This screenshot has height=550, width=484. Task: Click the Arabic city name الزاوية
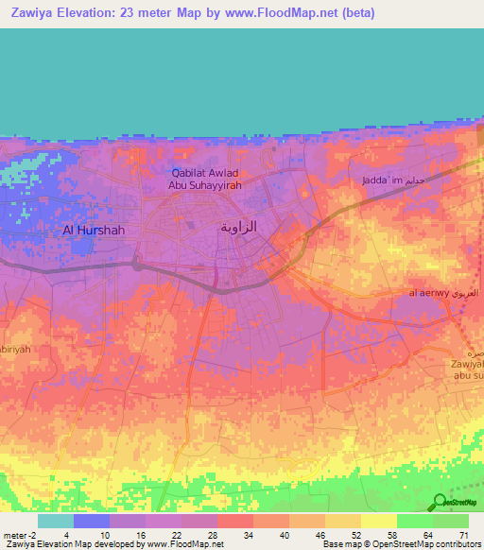(x=238, y=228)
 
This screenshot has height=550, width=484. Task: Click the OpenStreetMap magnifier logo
(x=440, y=503)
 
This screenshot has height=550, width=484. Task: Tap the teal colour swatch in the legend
(x=56, y=521)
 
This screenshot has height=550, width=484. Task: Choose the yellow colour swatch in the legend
(x=377, y=521)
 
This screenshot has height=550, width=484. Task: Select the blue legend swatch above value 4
(x=92, y=521)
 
